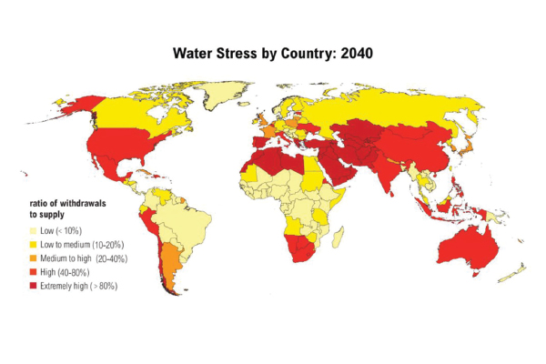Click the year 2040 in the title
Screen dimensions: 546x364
357,54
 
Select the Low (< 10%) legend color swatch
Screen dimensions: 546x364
33,231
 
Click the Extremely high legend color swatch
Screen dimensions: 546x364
33,286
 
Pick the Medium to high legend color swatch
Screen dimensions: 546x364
33,258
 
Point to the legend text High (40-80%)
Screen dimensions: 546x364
65,272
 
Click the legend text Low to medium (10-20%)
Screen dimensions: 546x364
82,245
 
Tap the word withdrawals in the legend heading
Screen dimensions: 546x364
83,203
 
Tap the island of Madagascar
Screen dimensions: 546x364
339,237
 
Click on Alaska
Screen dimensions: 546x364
81,106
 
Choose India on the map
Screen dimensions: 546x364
387,171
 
